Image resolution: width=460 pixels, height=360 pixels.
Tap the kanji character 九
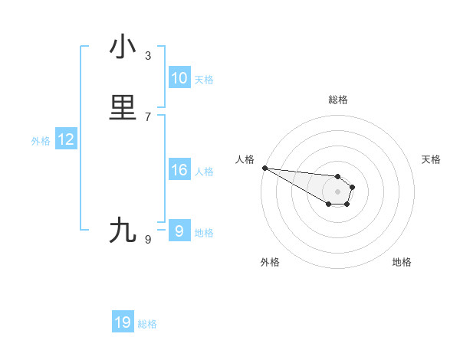click(x=123, y=230)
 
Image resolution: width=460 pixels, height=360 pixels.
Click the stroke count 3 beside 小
click(x=148, y=56)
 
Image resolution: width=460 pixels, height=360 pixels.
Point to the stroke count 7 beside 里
click(x=148, y=116)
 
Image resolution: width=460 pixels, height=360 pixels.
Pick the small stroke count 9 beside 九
click(x=148, y=239)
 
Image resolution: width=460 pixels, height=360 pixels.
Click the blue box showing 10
click(x=179, y=78)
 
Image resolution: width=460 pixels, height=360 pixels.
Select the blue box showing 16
click(x=179, y=170)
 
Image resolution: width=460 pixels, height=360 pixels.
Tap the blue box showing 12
click(x=66, y=139)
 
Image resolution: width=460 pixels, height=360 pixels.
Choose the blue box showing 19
click(x=123, y=322)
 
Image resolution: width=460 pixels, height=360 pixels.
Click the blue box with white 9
click(x=179, y=231)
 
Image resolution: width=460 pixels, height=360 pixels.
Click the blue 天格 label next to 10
click(x=204, y=79)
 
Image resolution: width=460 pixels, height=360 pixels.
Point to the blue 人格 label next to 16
click(x=204, y=171)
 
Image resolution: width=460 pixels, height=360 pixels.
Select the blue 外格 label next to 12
click(x=41, y=140)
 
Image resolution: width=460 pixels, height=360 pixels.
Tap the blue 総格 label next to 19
click(x=147, y=324)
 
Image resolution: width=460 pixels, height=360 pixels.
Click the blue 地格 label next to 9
click(x=204, y=233)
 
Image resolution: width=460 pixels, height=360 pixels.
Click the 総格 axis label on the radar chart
click(x=338, y=100)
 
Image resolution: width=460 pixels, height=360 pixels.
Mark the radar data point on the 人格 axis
click(x=264, y=168)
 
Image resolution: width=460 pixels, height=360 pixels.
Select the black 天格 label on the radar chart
click(x=432, y=159)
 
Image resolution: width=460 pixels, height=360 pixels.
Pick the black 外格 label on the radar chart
click(x=270, y=262)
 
